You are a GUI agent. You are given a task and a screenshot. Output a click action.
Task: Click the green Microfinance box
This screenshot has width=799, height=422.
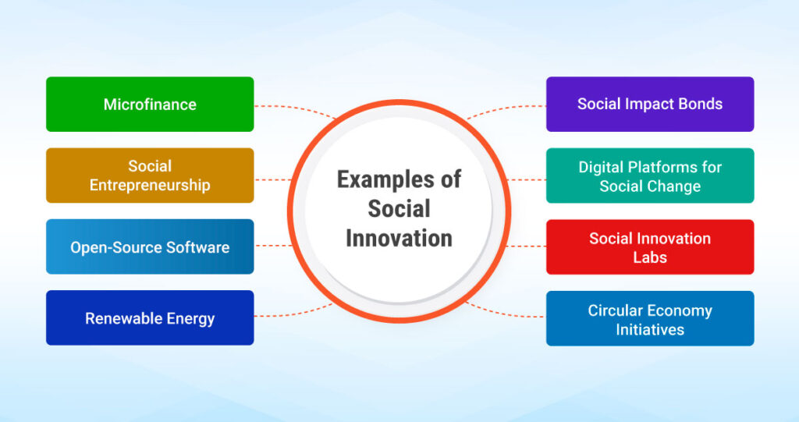pyautogui.click(x=150, y=104)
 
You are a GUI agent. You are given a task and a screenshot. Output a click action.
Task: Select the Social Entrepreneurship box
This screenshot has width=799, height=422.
pyautogui.click(x=150, y=176)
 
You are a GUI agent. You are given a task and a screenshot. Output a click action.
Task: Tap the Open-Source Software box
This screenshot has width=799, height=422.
pyautogui.click(x=150, y=247)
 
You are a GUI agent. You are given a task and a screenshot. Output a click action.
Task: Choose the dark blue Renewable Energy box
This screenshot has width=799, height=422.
pyautogui.click(x=150, y=318)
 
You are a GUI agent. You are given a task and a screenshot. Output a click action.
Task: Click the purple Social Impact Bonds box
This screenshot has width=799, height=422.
pyautogui.click(x=650, y=104)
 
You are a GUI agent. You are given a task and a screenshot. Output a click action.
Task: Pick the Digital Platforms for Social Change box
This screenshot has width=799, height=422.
pyautogui.click(x=650, y=176)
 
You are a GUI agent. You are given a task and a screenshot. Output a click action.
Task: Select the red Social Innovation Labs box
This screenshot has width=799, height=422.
pyautogui.click(x=650, y=247)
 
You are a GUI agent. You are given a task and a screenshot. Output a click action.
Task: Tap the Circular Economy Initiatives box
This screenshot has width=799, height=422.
pyautogui.click(x=650, y=319)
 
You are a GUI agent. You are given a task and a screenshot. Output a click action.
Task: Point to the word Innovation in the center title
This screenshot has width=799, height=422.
pyautogui.click(x=399, y=237)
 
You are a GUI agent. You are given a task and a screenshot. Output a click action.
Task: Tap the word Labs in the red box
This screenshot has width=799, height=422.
pyautogui.click(x=650, y=257)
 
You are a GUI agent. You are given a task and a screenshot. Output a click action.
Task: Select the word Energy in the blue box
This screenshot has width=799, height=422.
pyautogui.click(x=189, y=318)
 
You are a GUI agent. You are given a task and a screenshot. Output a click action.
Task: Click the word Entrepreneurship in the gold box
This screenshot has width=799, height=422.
pyautogui.click(x=150, y=186)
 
